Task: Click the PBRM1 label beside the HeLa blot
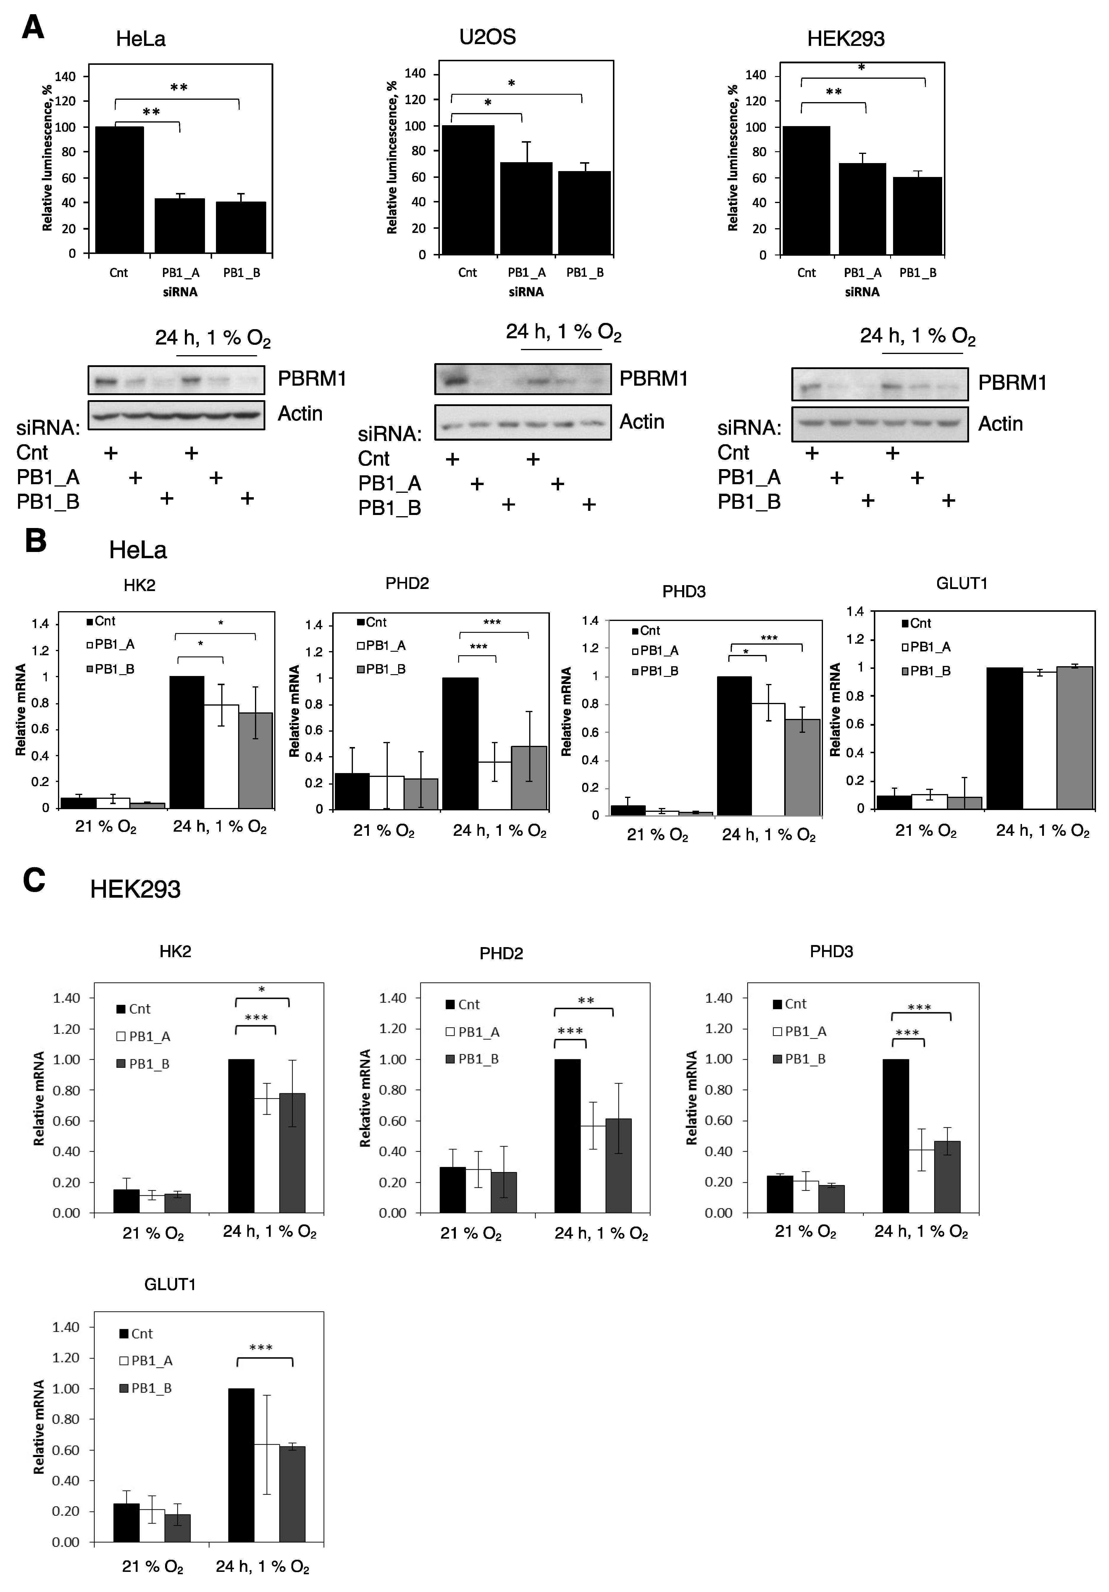pos(312,379)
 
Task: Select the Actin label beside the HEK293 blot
pos(1000,424)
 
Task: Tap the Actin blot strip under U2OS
pos(523,422)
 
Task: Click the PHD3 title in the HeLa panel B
pos(683,591)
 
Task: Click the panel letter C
pos(34,880)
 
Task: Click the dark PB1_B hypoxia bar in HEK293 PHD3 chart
pos(947,1177)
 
